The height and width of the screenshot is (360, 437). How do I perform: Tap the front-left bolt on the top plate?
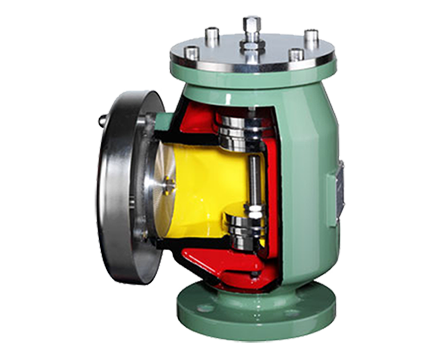point(192,53)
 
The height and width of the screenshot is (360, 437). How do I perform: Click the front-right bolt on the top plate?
point(296,54)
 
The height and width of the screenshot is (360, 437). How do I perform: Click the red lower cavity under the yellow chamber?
point(212,263)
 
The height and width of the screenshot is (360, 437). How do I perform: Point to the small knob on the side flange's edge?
point(102,121)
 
